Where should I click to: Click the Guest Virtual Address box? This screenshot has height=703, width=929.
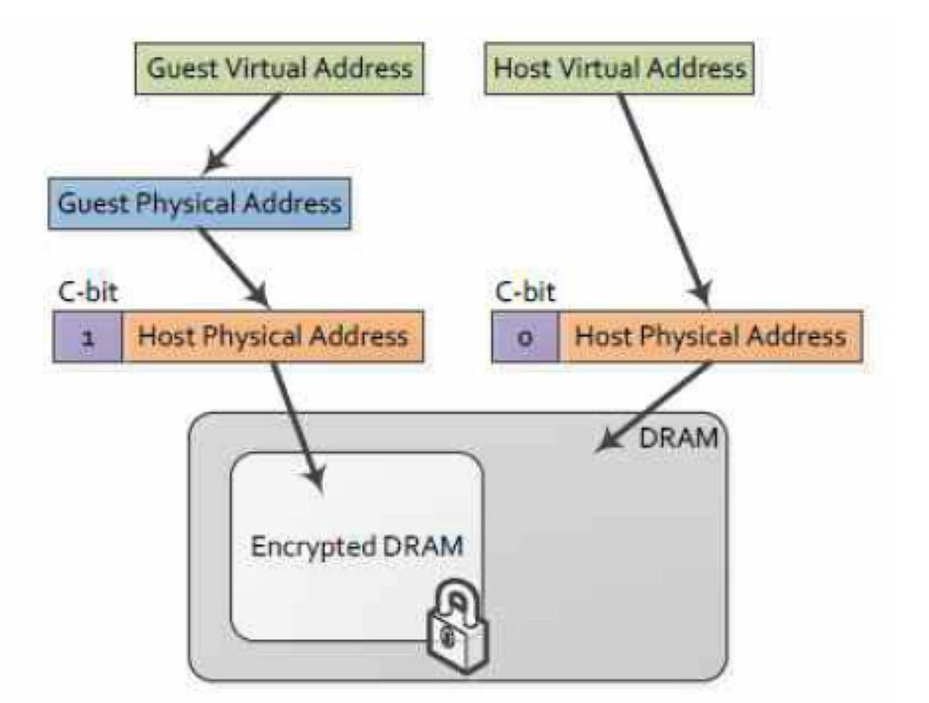279,69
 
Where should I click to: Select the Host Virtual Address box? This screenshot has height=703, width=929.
619,69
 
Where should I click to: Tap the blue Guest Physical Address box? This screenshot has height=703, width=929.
199,204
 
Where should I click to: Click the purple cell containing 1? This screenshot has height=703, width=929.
88,337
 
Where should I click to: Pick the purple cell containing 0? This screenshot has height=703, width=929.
526,337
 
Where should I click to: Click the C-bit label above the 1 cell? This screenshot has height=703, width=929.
88,292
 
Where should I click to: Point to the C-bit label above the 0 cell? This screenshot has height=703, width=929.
525,292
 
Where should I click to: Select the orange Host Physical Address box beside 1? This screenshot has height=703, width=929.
273,337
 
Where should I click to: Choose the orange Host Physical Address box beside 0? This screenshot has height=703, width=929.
711,337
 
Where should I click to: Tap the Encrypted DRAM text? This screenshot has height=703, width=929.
357,547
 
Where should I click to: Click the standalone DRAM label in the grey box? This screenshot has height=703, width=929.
679,438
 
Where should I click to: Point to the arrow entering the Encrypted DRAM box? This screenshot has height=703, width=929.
298,428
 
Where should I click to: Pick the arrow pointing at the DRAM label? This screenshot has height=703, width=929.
654,407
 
